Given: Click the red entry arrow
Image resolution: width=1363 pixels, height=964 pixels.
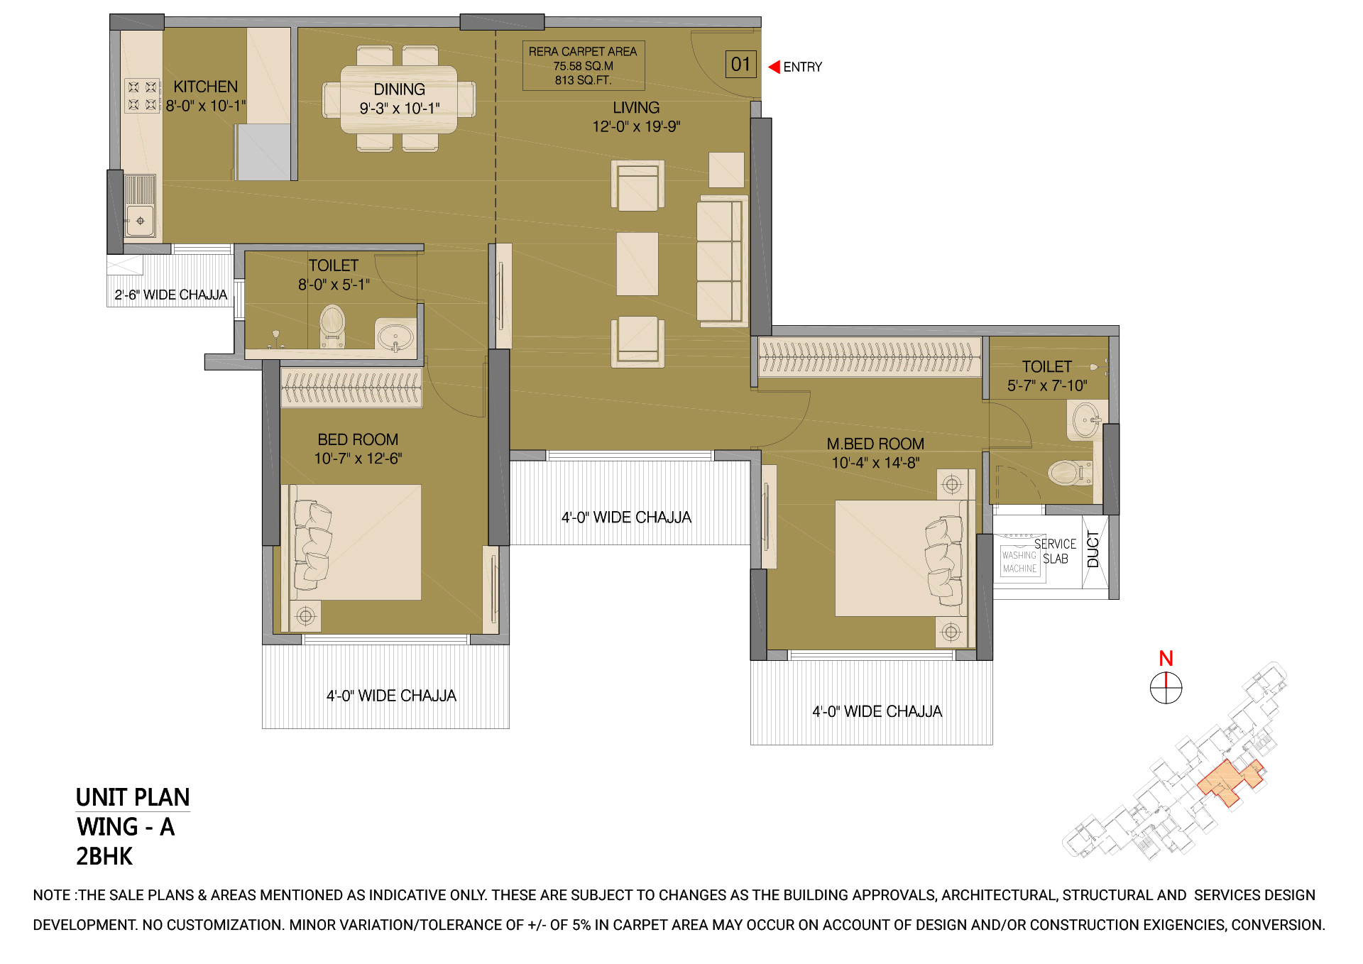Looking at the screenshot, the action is [774, 67].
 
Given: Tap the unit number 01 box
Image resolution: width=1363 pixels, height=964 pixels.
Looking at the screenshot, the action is [740, 65].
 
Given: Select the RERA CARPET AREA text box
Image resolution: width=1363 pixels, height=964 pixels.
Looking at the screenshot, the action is [584, 65].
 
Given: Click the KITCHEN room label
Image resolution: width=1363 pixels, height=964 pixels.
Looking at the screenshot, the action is [206, 87].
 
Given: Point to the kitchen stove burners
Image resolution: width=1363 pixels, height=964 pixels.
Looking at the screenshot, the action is [142, 96].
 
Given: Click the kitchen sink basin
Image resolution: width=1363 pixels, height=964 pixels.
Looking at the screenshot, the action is [140, 221].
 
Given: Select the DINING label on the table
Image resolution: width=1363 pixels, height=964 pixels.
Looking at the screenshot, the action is [400, 89].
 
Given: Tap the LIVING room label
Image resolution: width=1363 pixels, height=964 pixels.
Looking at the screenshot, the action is [636, 108].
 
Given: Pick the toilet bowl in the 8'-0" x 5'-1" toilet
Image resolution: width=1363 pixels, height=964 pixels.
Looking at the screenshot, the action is [332, 325].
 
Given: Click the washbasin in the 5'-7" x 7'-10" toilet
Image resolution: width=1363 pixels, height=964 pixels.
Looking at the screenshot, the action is [1086, 420].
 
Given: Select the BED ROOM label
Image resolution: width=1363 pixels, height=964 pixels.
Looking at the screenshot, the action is [358, 439].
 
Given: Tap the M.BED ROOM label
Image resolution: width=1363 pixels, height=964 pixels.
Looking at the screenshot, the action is [875, 444].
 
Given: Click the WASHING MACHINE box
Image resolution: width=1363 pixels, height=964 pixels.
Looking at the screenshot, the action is [1019, 562].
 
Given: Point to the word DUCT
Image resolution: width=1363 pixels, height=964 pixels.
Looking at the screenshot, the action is [1093, 549].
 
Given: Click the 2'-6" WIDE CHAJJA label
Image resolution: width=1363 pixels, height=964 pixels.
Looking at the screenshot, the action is [171, 295].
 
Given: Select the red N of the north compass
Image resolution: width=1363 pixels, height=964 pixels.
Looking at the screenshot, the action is [1166, 658].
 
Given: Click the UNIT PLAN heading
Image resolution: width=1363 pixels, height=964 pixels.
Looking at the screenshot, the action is [133, 797].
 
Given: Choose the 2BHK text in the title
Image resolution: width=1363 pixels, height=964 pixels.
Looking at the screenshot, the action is [104, 856].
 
